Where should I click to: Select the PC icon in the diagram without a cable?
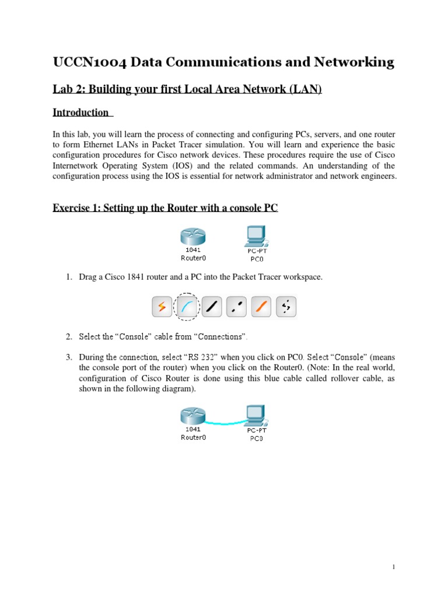(256, 237)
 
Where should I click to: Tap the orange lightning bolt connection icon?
(161, 306)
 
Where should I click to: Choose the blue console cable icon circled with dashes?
(187, 306)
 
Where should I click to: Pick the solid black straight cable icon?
(212, 306)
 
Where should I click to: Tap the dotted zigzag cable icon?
(285, 306)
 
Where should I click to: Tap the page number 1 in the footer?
(394, 567)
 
